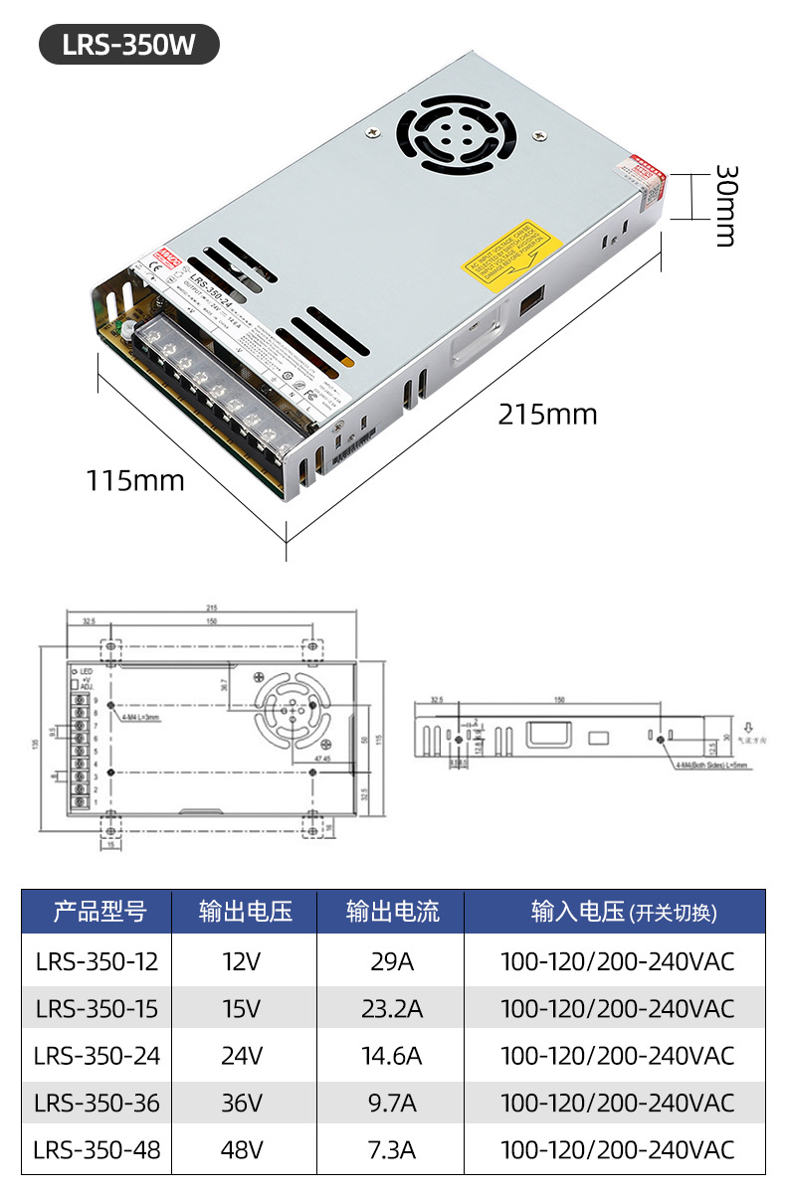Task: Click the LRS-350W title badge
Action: point(128,46)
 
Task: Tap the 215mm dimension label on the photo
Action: point(547,414)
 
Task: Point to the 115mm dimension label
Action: point(135,481)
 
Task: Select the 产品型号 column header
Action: point(98,912)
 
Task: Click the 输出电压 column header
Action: point(245,912)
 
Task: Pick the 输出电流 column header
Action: point(392,912)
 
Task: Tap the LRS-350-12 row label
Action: point(97,961)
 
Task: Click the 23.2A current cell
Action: point(392,1009)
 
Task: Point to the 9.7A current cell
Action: point(392,1103)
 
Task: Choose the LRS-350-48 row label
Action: point(97,1150)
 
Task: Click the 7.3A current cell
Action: point(392,1150)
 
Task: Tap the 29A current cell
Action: point(392,961)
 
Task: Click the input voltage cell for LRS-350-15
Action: point(617,1009)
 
